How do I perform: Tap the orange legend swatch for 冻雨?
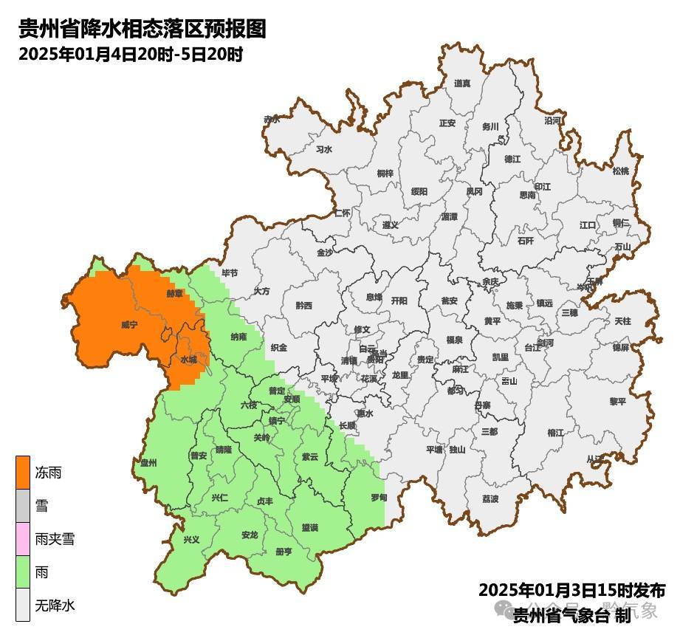pos(23,473)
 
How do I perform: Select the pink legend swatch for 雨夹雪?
pos(23,539)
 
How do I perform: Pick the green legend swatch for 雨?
pos(23,572)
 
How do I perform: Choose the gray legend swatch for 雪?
pos(23,506)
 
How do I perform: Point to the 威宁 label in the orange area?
pos(129,324)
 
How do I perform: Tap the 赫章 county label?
pos(174,293)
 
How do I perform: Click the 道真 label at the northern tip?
pos(462,83)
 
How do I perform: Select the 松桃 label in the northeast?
pos(620,171)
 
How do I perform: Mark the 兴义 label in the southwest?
pos(191,540)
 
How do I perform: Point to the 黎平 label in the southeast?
pos(617,401)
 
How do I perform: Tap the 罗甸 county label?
pos(379,497)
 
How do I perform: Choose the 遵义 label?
pos(390,224)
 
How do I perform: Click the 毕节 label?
pos(230,272)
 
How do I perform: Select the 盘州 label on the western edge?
pos(149,463)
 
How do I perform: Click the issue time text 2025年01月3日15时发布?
pos(571,590)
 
